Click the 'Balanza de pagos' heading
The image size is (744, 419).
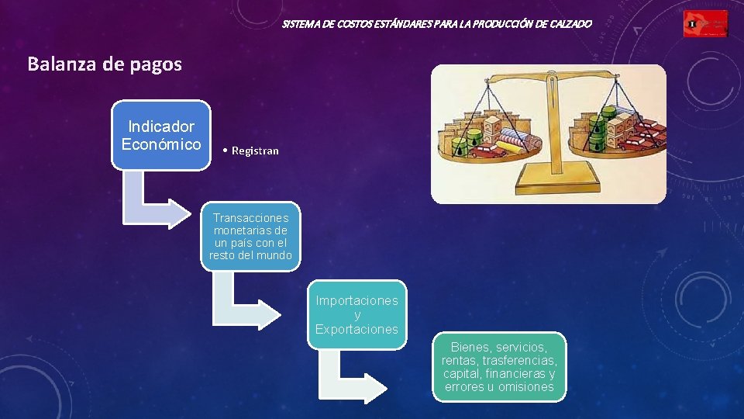click(105, 64)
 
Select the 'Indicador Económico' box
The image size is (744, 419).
click(161, 135)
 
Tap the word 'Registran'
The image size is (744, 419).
click(254, 151)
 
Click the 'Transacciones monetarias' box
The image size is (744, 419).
click(250, 237)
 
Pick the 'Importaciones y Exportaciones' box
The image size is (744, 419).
click(356, 314)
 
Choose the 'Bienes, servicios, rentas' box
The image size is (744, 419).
click(499, 366)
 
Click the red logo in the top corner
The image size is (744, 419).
click(705, 25)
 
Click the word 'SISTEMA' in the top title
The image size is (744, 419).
click(301, 25)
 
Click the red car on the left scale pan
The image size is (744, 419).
click(485, 149)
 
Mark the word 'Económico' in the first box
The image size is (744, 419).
click(161, 144)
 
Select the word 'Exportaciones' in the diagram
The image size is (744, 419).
click(356, 329)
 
